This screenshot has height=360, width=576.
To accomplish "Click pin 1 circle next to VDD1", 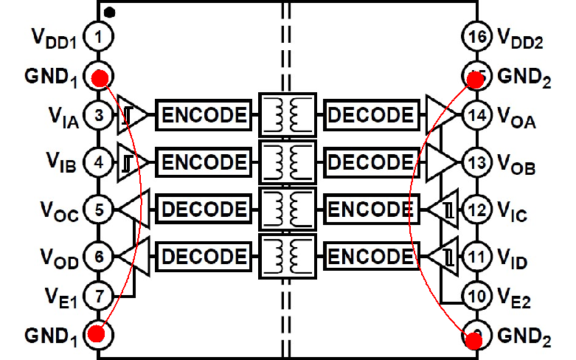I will [x=97, y=35].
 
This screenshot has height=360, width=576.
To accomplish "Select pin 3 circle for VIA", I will [x=97, y=115].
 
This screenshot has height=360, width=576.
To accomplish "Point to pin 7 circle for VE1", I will [x=97, y=297].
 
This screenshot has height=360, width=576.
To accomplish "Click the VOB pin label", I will [x=517, y=165].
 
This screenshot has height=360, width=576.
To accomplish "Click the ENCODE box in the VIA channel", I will [x=204, y=115].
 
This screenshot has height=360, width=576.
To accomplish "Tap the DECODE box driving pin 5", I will [x=204, y=210].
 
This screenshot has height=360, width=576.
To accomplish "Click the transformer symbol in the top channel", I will [x=287, y=114].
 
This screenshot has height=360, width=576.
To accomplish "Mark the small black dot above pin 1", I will [x=108, y=12].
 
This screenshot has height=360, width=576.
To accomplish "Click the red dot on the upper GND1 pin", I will [x=100, y=77].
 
